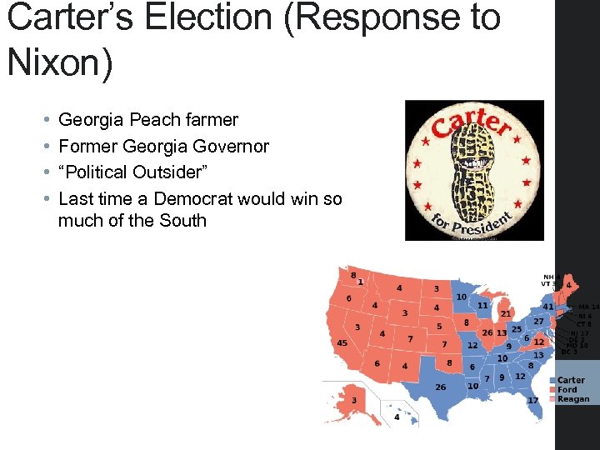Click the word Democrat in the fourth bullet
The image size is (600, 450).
click(194, 197)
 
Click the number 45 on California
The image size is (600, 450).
click(342, 343)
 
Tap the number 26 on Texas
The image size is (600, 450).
click(441, 387)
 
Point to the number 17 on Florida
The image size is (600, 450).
click(532, 401)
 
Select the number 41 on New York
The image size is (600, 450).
click(548, 307)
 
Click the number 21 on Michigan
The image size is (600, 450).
click(506, 314)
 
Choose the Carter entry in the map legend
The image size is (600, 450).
click(571, 381)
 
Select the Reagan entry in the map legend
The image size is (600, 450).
click(572, 399)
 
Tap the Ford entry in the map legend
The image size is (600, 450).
click(567, 390)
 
